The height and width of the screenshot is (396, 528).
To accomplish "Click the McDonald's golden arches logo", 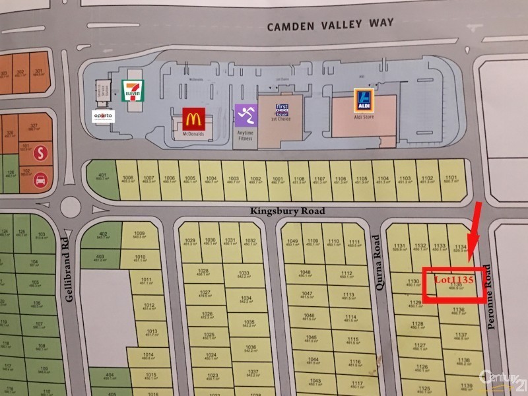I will (x=193, y=119).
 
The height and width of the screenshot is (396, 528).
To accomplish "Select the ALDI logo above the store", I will (x=362, y=100).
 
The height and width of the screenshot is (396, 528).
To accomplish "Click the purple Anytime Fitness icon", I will (x=244, y=115).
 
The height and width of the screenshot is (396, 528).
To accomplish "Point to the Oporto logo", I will (x=103, y=116).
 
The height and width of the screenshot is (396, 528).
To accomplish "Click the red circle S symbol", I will (x=41, y=152).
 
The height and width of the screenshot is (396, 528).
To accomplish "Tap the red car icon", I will (x=40, y=178).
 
